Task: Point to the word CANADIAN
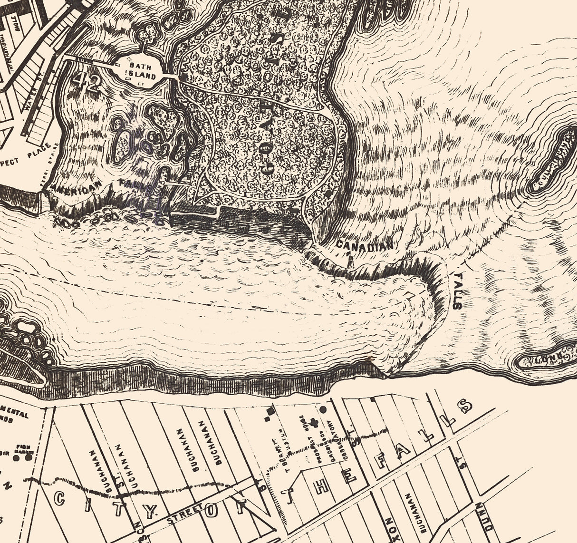(x=365, y=245)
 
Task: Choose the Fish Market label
(x=23, y=448)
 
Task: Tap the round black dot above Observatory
(x=323, y=409)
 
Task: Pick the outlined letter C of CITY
(x=60, y=498)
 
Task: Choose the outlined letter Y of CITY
(x=150, y=512)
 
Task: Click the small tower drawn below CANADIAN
(x=351, y=261)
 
